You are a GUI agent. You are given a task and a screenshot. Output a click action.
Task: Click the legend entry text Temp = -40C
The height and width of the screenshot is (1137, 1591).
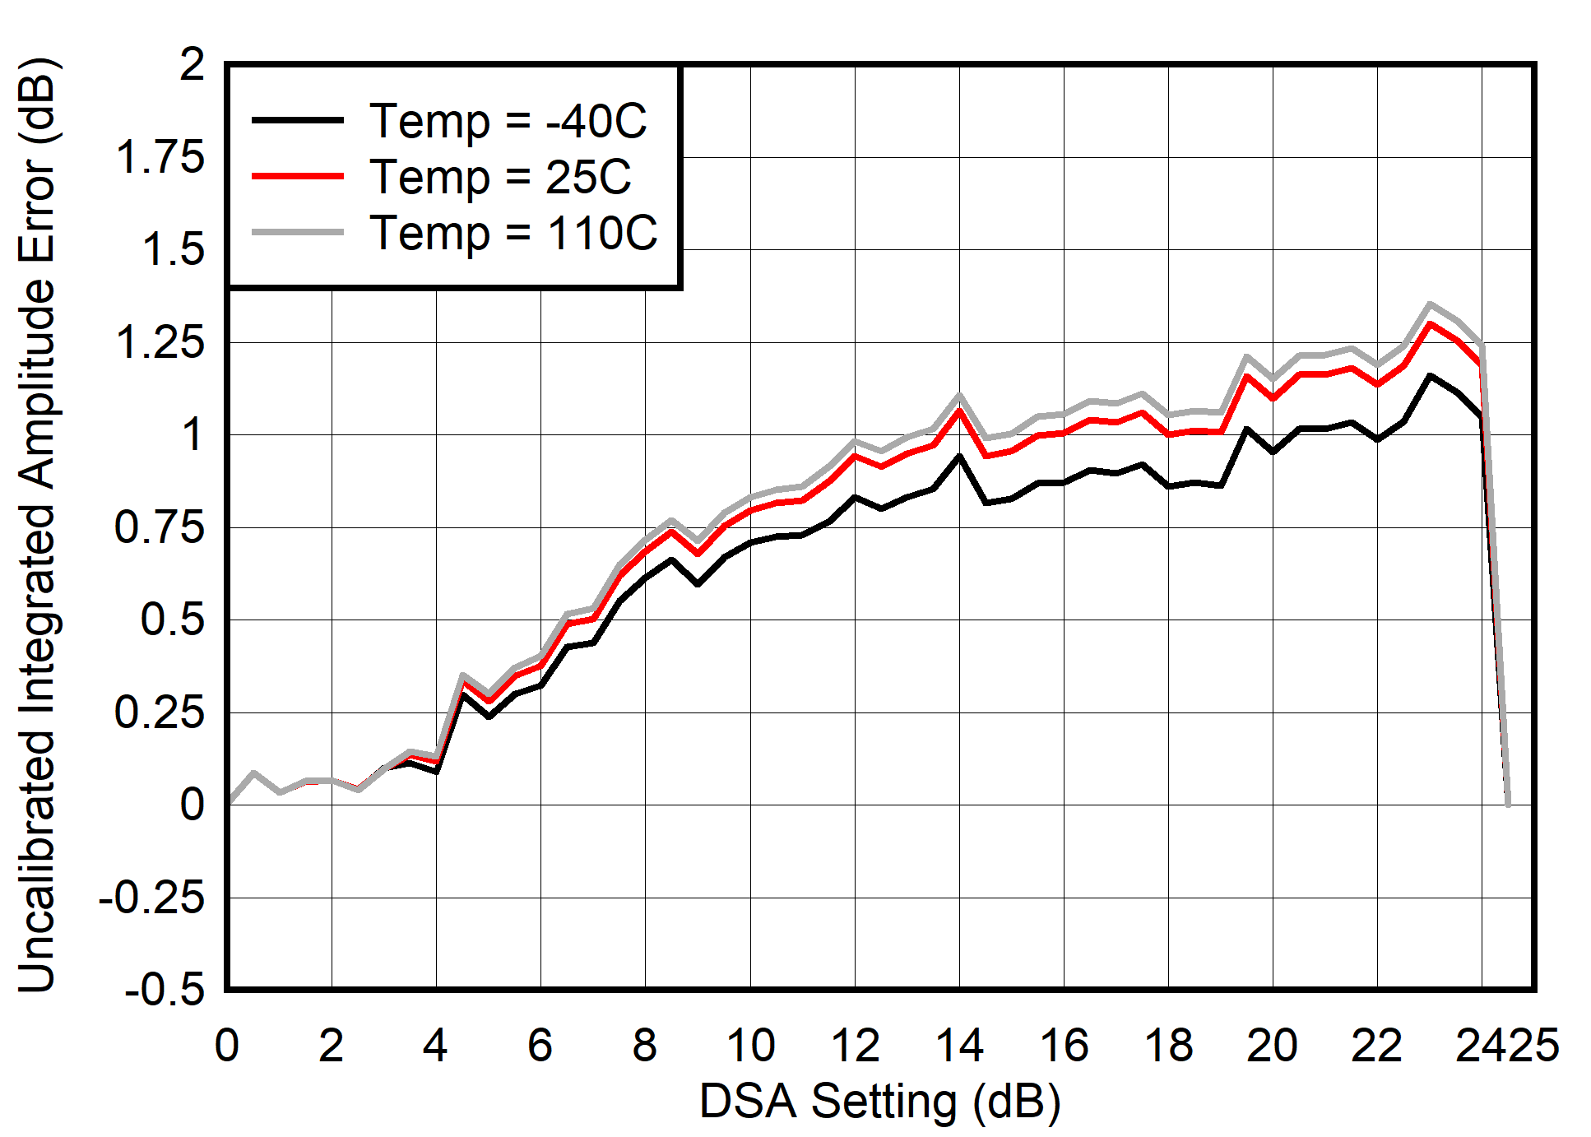pos(508,121)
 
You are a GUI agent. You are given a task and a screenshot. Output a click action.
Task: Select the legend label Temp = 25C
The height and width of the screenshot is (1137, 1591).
pos(500,177)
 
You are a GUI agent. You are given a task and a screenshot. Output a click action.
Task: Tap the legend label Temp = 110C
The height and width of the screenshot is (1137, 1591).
pos(513,233)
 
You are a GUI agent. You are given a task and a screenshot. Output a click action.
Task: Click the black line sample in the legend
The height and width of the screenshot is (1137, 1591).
pos(297,120)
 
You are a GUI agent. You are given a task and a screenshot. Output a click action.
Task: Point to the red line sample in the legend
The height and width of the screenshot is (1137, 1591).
pos(297,176)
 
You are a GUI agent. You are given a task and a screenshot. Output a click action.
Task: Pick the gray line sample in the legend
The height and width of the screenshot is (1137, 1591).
pos(297,233)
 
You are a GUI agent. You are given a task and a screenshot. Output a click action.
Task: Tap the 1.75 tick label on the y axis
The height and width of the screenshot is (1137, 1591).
pos(160,157)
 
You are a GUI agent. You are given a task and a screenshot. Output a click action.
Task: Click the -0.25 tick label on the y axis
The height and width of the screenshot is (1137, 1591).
pos(151,897)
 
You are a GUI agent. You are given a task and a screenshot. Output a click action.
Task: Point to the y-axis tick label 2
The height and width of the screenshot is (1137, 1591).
pos(192,65)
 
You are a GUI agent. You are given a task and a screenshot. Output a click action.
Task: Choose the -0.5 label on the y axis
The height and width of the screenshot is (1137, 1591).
pos(164,989)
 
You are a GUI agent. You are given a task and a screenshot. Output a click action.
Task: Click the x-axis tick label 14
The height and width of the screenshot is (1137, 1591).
pos(959,1046)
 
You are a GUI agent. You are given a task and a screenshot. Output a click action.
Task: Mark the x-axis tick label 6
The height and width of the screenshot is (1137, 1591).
pos(540,1046)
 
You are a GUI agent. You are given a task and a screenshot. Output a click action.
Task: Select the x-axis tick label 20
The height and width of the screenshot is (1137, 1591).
pos(1272,1046)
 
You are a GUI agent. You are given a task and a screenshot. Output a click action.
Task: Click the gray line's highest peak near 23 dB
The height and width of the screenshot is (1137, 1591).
pos(1430,304)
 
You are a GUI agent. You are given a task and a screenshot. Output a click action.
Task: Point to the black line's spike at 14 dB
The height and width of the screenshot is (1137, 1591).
pos(959,456)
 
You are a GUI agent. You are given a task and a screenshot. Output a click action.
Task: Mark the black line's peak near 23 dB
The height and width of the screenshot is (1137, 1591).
pos(1430,376)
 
